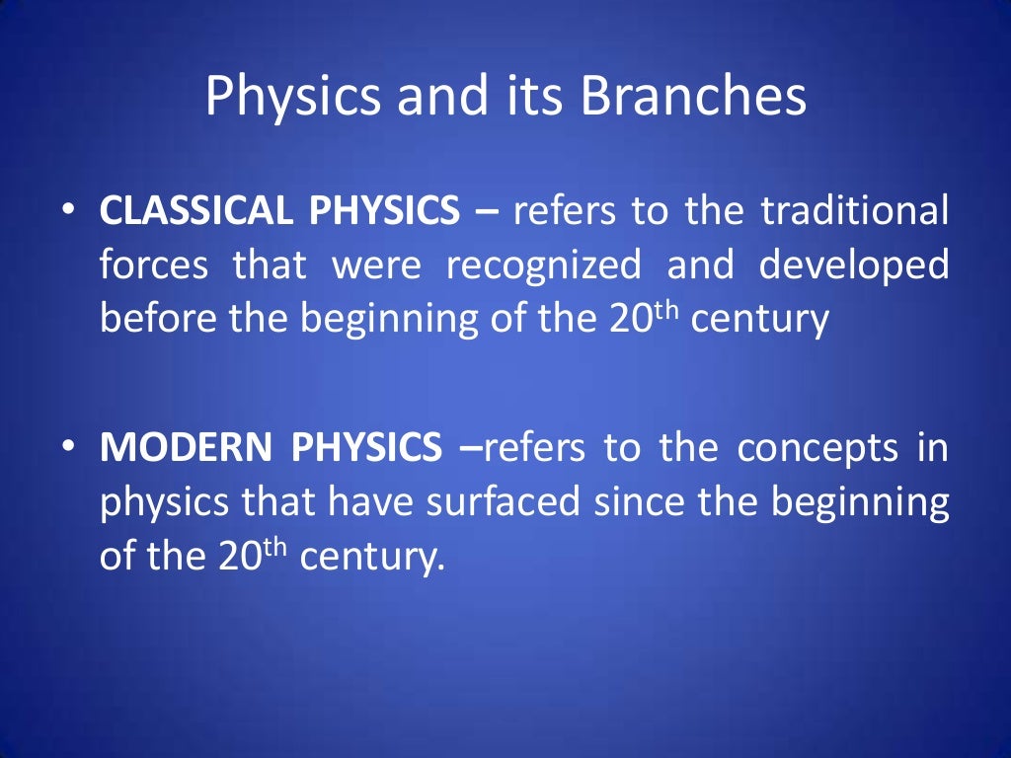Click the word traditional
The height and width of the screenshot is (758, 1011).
point(855,211)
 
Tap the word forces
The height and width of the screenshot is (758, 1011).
point(153,265)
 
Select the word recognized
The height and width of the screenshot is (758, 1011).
point(543,265)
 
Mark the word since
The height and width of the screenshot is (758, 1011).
point(632,503)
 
